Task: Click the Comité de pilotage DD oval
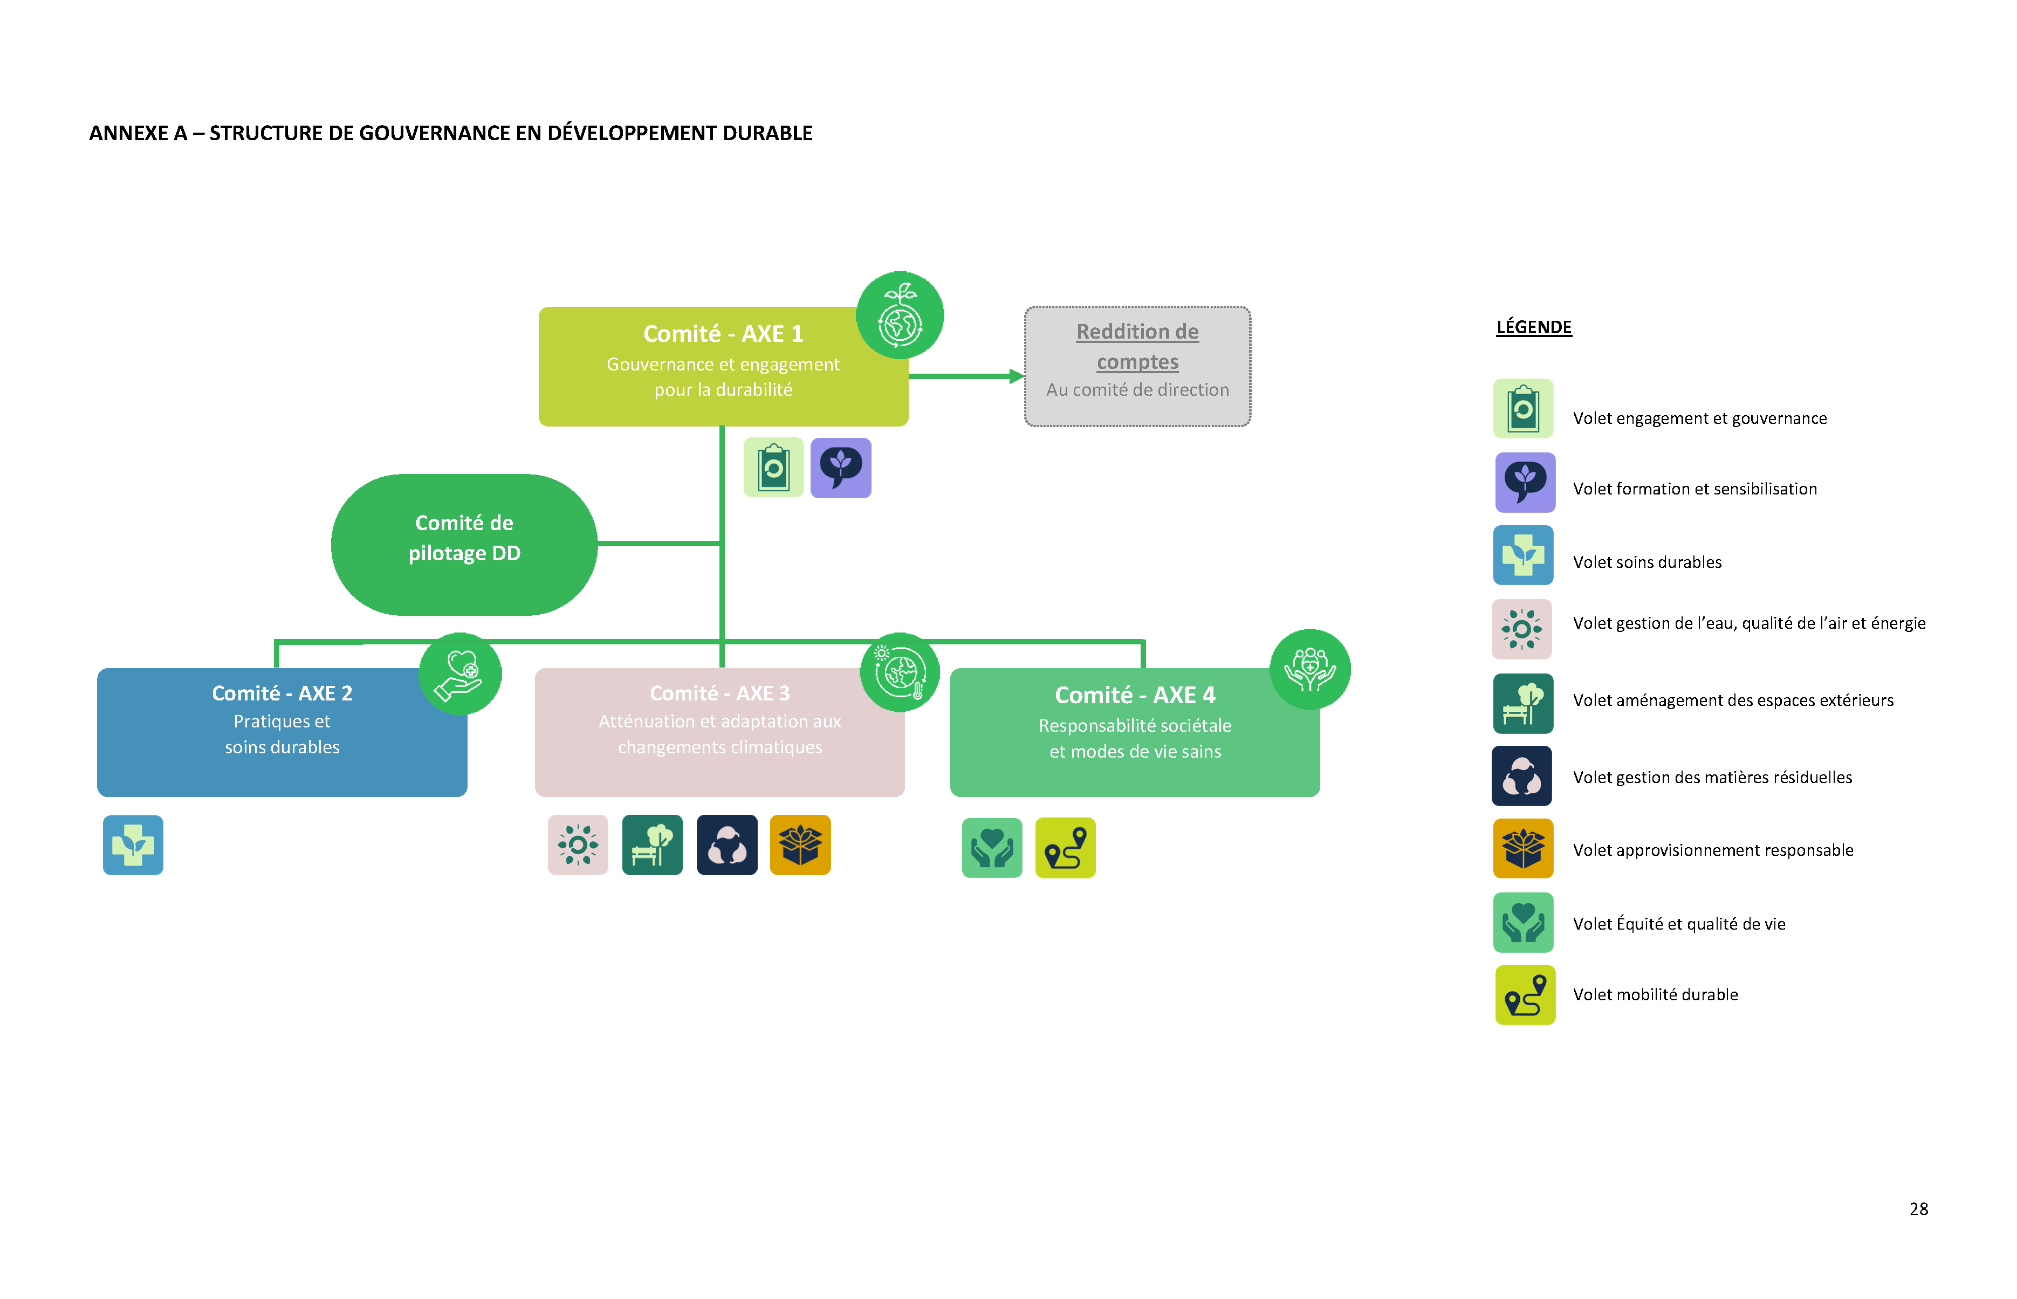pos(464,544)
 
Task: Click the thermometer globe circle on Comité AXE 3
pos(899,672)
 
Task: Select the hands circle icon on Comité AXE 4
pos(1309,669)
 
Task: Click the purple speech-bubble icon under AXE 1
pos(840,468)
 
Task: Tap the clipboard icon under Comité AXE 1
pos(773,468)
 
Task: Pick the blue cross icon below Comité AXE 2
pos(133,845)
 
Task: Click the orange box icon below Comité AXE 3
pos(800,845)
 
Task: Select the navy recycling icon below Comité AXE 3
pos(726,845)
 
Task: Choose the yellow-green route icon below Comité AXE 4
pos(1065,848)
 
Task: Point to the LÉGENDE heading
pos(1533,327)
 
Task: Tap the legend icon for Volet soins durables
pos(1522,555)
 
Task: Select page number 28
pos(1918,1209)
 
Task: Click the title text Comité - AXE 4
pos(1135,695)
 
